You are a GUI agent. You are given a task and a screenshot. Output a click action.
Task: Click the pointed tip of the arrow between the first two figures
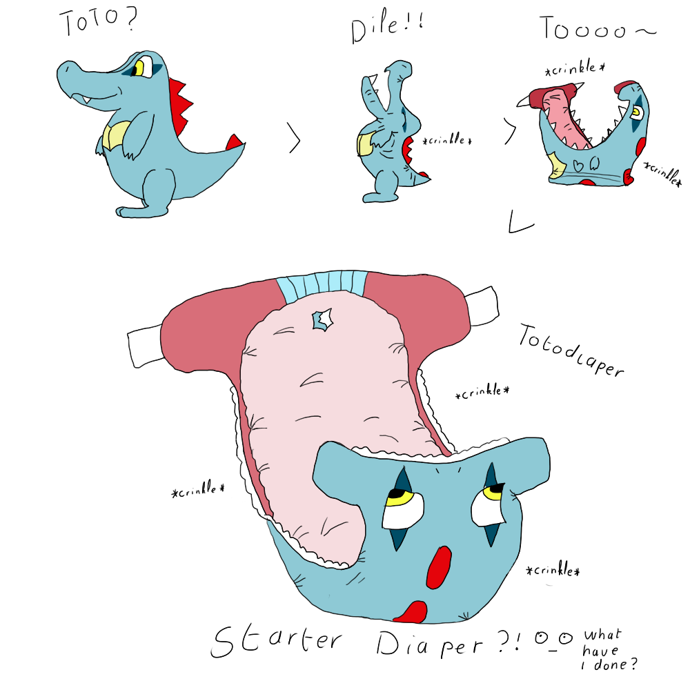coord(300,140)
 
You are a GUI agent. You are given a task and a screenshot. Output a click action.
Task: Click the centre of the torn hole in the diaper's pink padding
coord(322,319)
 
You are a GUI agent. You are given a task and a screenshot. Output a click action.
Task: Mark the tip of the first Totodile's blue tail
coord(245,144)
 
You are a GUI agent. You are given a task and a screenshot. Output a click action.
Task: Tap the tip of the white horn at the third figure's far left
coord(517,105)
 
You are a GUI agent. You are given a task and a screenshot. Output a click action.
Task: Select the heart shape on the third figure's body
coord(578,165)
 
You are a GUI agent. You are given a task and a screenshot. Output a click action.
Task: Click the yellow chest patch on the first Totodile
coord(115,135)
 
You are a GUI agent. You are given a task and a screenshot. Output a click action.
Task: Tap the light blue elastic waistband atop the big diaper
coord(322,286)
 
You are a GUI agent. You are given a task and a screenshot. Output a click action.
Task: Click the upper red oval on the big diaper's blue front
coord(439,567)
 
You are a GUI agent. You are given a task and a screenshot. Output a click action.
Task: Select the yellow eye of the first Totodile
coord(139,68)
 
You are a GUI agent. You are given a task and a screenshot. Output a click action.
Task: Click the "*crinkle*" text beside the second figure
coord(446,139)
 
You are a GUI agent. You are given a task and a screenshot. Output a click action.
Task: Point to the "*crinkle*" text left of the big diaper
coord(198,489)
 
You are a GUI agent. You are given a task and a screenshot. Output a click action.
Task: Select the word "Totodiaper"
coord(571,351)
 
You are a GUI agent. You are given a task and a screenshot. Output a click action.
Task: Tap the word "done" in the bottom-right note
coord(611,664)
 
